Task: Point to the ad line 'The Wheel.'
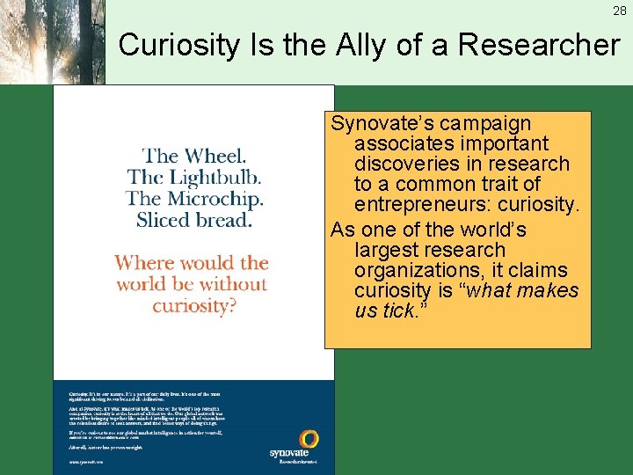tap(194, 156)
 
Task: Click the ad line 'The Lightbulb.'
tap(194, 177)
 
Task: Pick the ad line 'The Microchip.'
tap(194, 198)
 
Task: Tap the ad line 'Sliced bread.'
tap(194, 219)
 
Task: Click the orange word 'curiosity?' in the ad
tap(195, 305)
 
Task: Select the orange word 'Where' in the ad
tap(147, 262)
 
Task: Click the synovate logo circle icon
tap(309, 439)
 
